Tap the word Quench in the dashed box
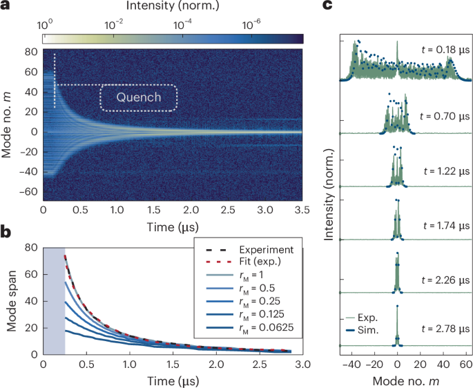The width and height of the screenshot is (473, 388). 139,97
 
